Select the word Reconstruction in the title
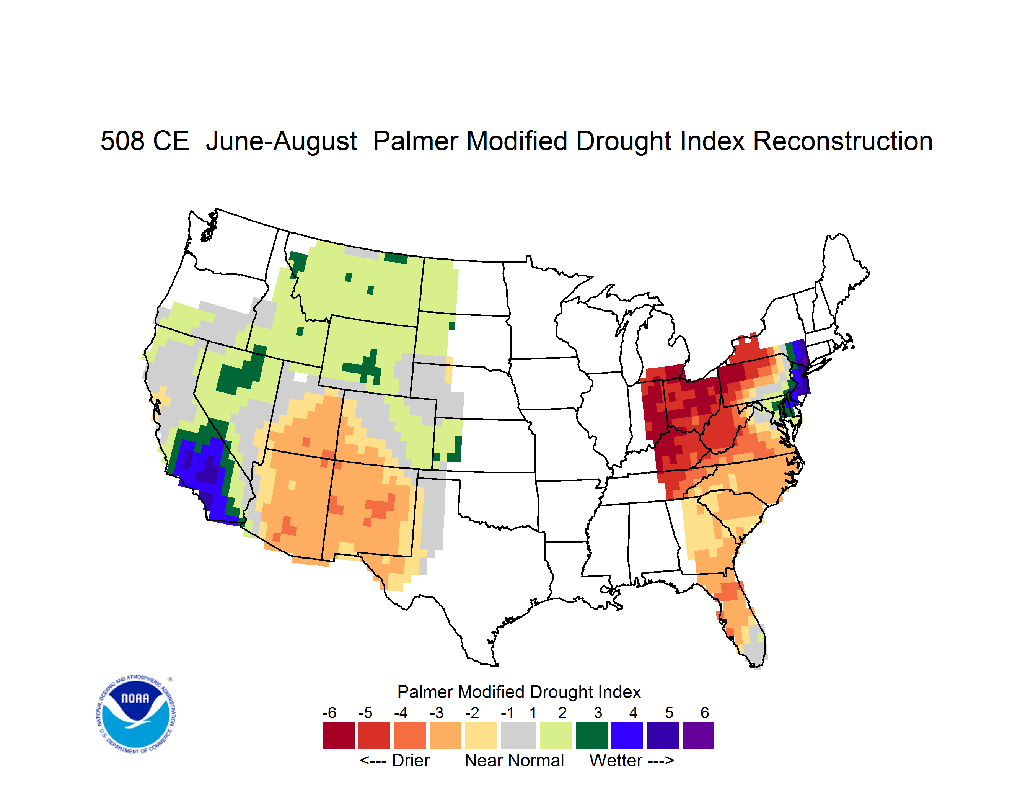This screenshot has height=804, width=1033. coord(842,141)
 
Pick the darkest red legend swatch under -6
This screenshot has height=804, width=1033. coord(339,735)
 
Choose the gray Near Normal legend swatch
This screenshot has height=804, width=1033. coord(518,735)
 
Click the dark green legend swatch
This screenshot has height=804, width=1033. coord(591,735)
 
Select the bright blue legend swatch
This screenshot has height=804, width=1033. coord(627,735)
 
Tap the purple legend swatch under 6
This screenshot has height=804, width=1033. coord(698,735)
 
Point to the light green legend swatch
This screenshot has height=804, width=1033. coord(556,735)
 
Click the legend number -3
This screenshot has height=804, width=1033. coord(436,712)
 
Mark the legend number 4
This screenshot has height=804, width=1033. coord(633,712)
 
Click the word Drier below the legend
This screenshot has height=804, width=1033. coord(411,760)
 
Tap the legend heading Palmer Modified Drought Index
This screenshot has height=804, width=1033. coord(519,692)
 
